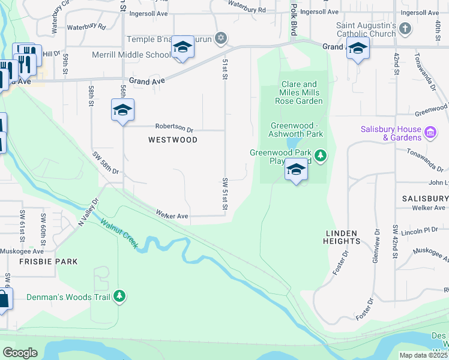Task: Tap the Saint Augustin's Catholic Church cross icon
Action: pyautogui.click(x=405, y=28)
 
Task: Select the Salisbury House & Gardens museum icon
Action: pyautogui.click(x=430, y=132)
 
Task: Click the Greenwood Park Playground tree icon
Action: pyautogui.click(x=321, y=156)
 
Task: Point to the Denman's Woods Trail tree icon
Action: pyautogui.click(x=120, y=296)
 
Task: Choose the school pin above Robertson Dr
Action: pyautogui.click(x=122, y=111)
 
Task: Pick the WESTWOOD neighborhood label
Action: pyautogui.click(x=173, y=140)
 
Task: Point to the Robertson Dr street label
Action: pyautogui.click(x=174, y=128)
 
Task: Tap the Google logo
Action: pyautogui.click(x=20, y=353)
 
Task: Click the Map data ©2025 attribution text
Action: pyautogui.click(x=423, y=355)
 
